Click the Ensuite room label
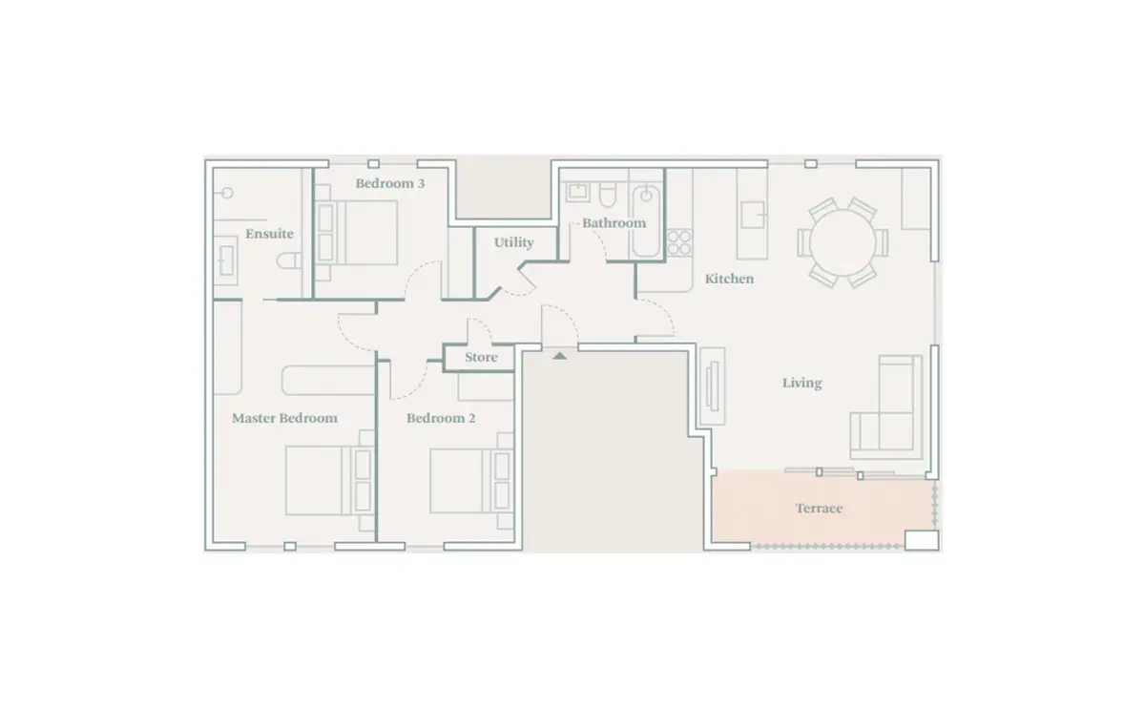click(x=269, y=234)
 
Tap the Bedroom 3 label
click(x=390, y=183)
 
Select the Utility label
click(x=513, y=242)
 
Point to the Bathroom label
click(x=614, y=223)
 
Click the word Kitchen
click(x=729, y=279)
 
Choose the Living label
click(x=802, y=383)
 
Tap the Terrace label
click(x=819, y=509)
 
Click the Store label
click(x=481, y=357)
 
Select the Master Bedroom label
click(x=284, y=418)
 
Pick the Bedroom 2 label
click(x=441, y=418)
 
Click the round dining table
click(x=843, y=242)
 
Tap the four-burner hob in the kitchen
click(x=679, y=242)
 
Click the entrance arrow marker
click(x=560, y=355)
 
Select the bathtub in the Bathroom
click(x=646, y=220)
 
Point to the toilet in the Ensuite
click(x=289, y=261)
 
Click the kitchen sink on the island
click(x=753, y=215)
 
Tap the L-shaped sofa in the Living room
click(x=886, y=406)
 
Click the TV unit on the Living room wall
click(x=713, y=386)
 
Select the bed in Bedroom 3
click(x=356, y=233)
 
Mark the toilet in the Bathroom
click(x=608, y=195)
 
